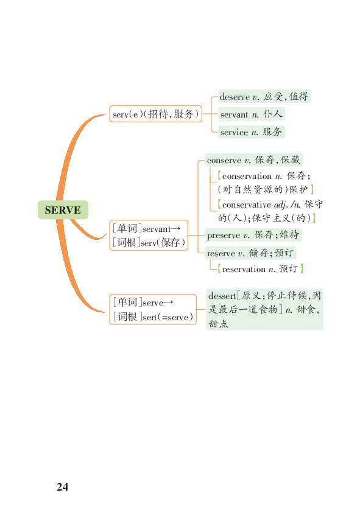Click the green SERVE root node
63,210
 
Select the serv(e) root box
155,114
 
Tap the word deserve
235,97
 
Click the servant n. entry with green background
252,114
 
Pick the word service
234,132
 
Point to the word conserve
224,160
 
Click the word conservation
247,176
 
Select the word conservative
247,205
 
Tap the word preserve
224,235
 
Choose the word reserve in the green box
221,253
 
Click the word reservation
244,270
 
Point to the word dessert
222,296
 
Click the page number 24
63,487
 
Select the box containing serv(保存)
149,236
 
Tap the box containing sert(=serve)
153,309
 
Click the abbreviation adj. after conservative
281,205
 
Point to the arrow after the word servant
175,229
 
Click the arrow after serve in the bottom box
169,303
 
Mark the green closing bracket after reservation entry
302,269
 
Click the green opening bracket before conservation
219,176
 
